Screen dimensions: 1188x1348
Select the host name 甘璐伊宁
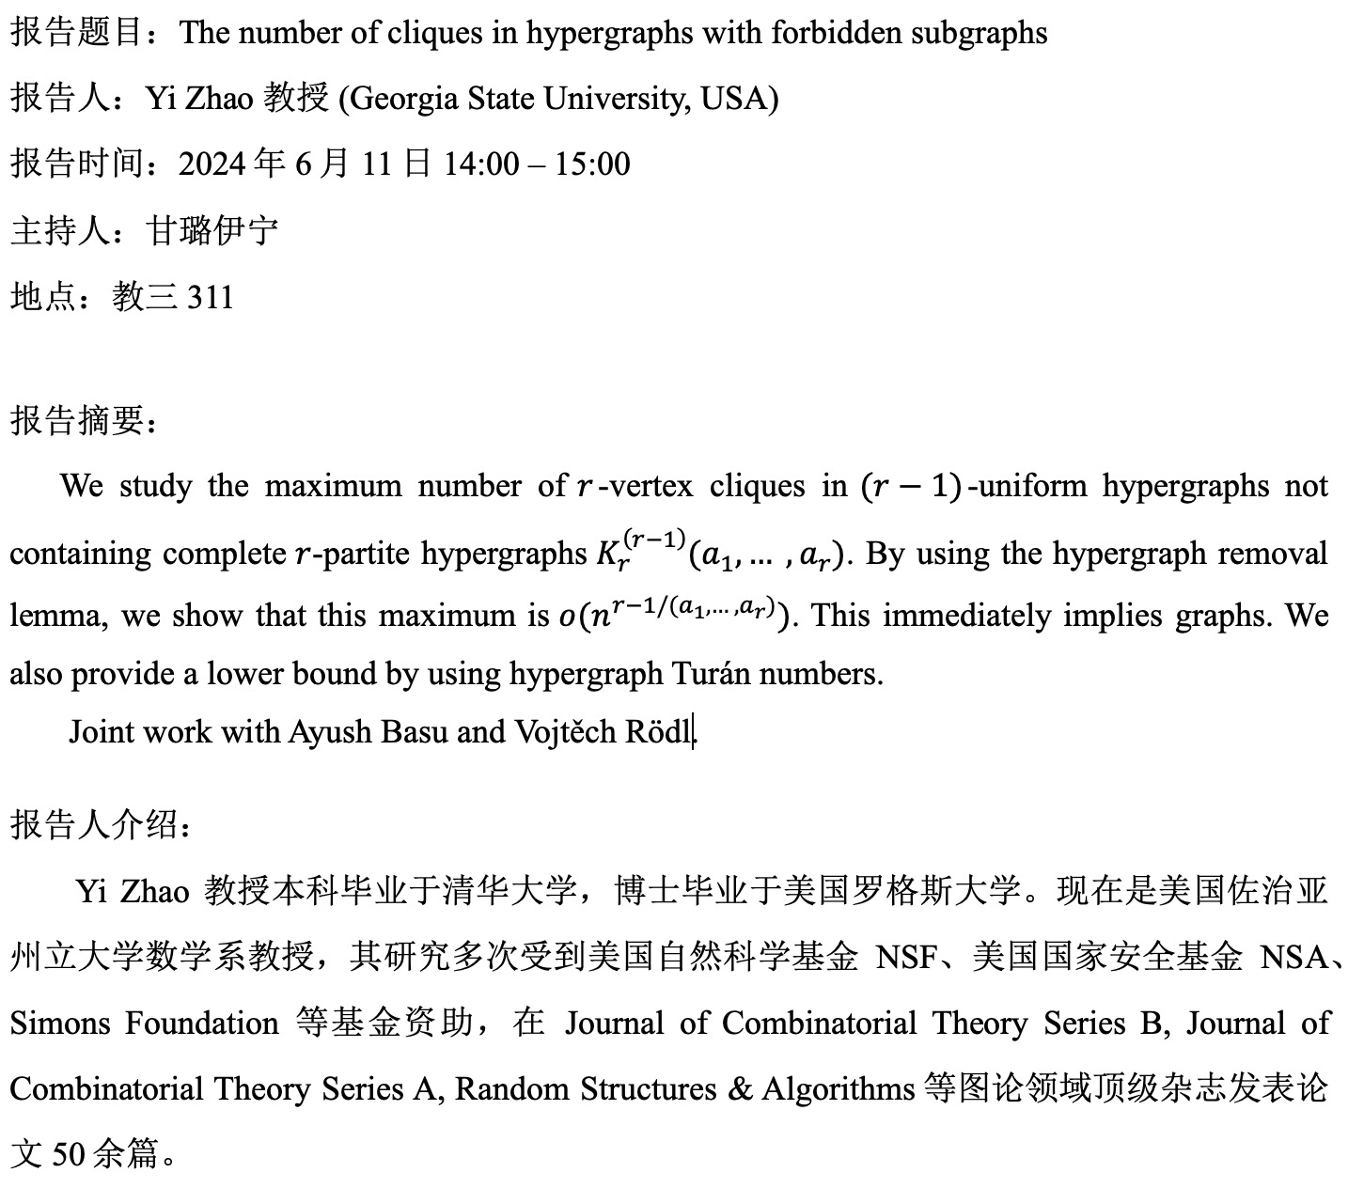point(212,230)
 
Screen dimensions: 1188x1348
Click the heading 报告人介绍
point(95,824)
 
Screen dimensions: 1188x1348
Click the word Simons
point(58,1024)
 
